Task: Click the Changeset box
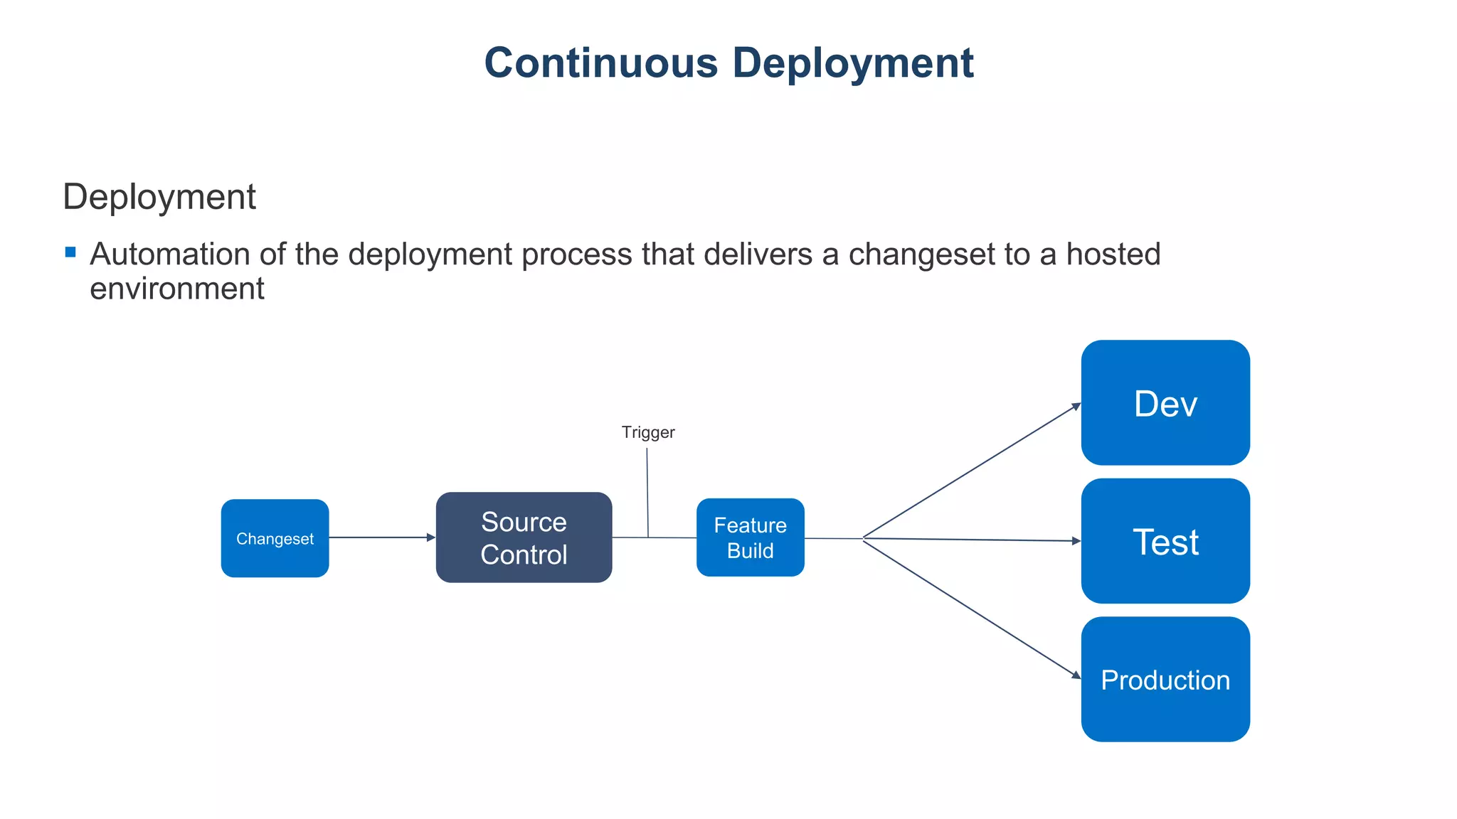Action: pos(275,538)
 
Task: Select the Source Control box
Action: pos(524,537)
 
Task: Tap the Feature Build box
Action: pos(750,537)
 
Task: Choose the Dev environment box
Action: pos(1165,402)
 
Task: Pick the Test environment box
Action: pos(1165,541)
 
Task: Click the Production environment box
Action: pos(1165,679)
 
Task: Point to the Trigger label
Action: pos(647,432)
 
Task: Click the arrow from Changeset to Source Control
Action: pos(381,537)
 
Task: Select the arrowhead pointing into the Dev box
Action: pos(1076,407)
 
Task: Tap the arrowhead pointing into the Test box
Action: pos(1076,541)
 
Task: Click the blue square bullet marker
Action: pos(70,252)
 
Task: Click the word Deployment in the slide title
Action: pos(852,63)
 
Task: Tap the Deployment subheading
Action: pos(159,197)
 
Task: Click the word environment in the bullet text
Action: pos(176,289)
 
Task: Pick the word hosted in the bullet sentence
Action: pos(1113,255)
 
